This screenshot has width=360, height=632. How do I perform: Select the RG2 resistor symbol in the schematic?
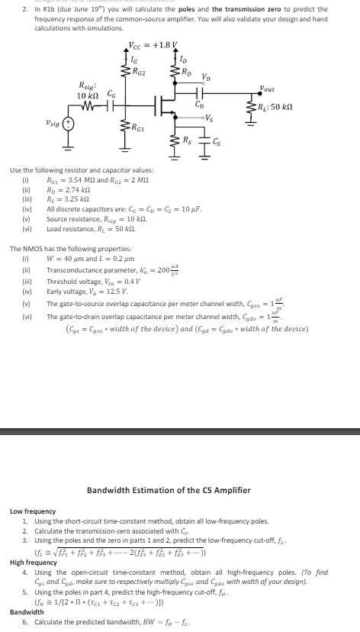[x=125, y=73]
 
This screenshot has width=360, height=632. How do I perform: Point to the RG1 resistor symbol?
[x=125, y=127]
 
